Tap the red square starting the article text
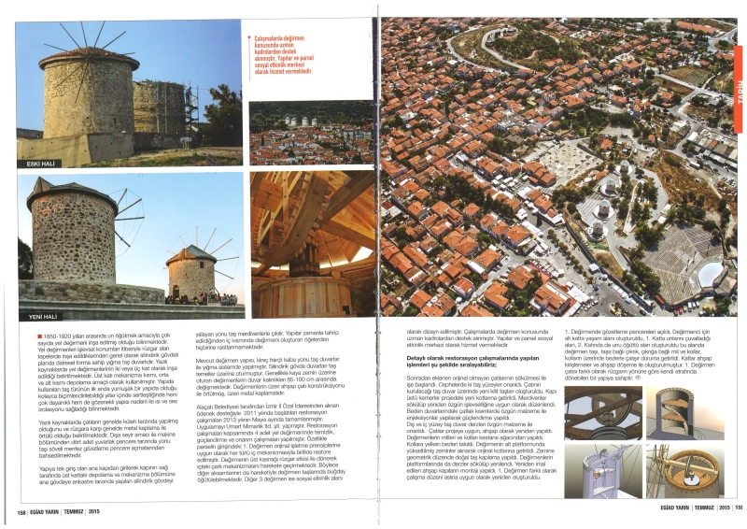[40, 333]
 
